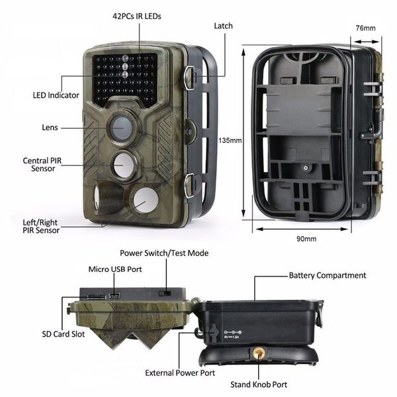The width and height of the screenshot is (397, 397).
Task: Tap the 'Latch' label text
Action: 224,26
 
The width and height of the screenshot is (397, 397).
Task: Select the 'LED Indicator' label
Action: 56,95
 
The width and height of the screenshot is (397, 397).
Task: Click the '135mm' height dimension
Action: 230,140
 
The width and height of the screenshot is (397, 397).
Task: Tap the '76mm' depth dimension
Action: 365,28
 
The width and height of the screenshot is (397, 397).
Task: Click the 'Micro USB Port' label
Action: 115,269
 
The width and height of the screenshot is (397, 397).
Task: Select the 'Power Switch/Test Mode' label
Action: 163,253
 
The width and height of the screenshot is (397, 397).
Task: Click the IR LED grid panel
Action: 125,78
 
